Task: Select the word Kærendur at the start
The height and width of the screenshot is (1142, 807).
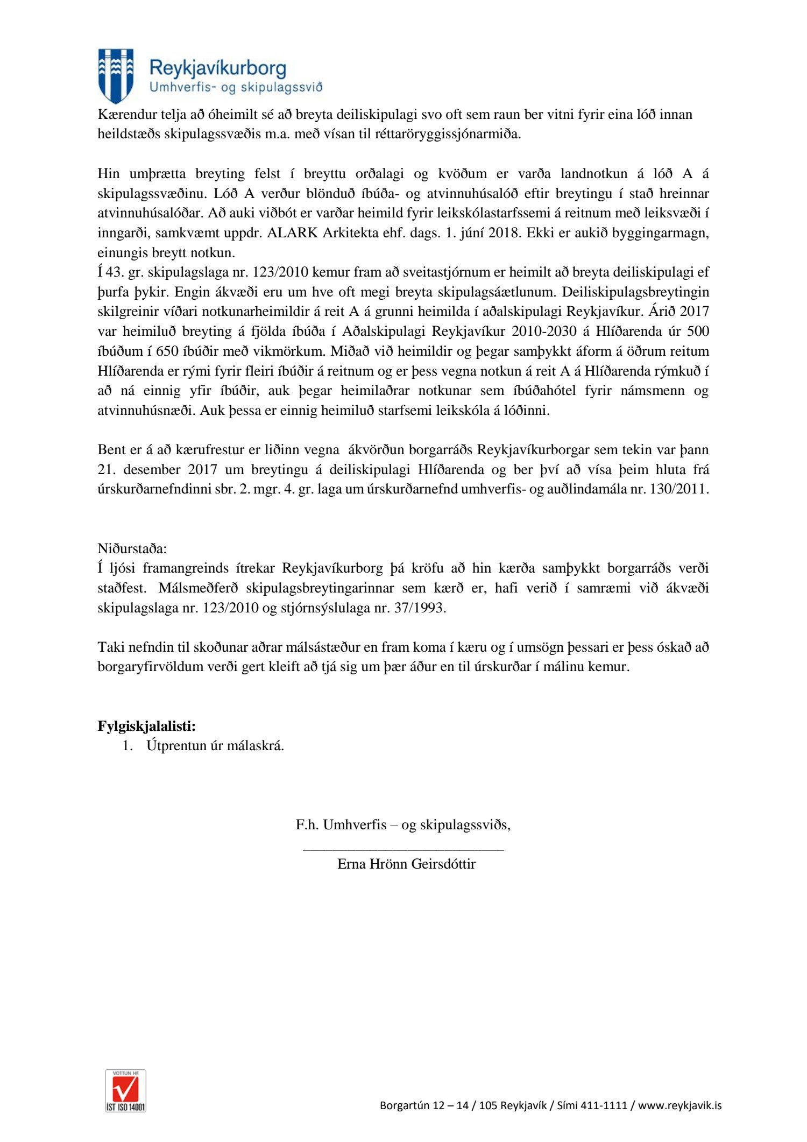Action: (124, 115)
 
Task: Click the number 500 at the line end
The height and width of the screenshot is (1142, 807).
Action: (698, 332)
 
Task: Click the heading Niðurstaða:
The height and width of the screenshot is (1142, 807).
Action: (132, 549)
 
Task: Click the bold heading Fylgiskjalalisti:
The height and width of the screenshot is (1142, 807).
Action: (147, 726)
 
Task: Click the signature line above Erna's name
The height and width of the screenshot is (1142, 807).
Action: (403, 849)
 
